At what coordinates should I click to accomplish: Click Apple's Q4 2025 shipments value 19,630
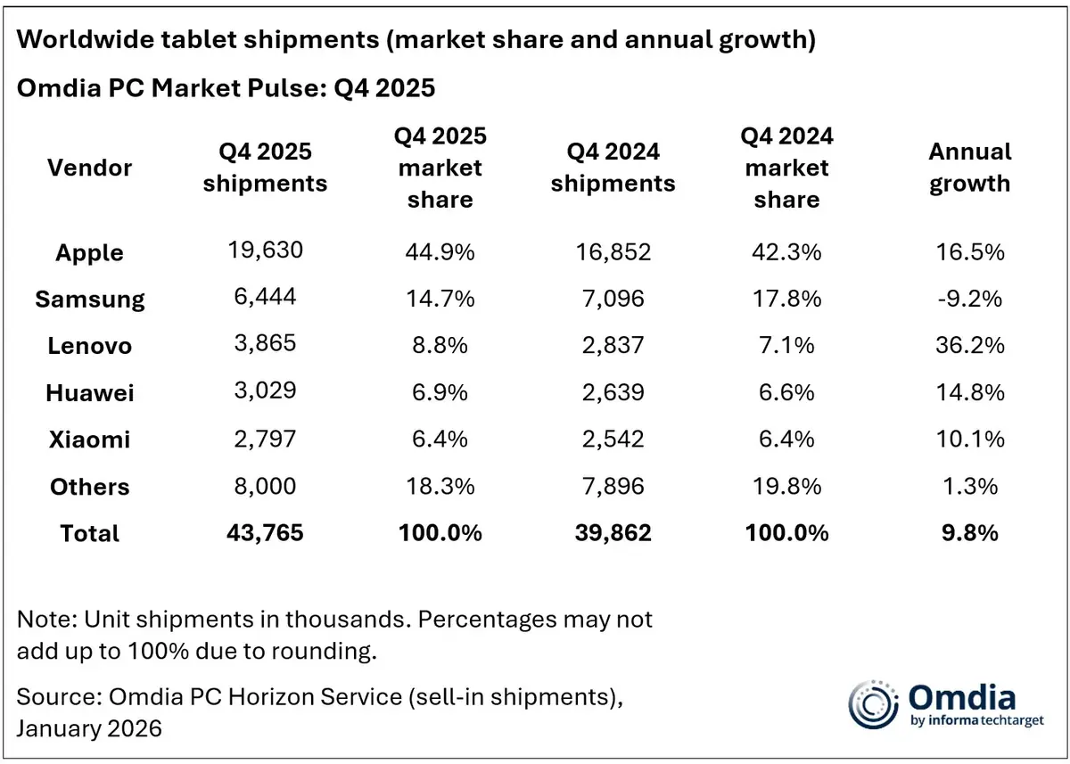[265, 251]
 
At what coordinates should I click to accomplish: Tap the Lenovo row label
[89, 345]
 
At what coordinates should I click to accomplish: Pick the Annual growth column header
[969, 168]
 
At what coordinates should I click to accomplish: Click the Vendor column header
[89, 168]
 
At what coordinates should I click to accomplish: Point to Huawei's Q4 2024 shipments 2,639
[613, 391]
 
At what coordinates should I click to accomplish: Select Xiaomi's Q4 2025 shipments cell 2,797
[265, 439]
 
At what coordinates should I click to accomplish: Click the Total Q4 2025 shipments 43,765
[265, 532]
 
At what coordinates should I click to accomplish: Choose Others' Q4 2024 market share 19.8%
[786, 486]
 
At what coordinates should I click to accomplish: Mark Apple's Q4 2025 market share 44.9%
[439, 251]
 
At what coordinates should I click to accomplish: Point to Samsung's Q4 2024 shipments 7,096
[613, 298]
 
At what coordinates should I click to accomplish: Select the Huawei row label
[89, 392]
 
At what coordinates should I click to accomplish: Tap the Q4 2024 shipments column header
[613, 168]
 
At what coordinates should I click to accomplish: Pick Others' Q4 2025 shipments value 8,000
[265, 486]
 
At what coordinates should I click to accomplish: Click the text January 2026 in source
[89, 728]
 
